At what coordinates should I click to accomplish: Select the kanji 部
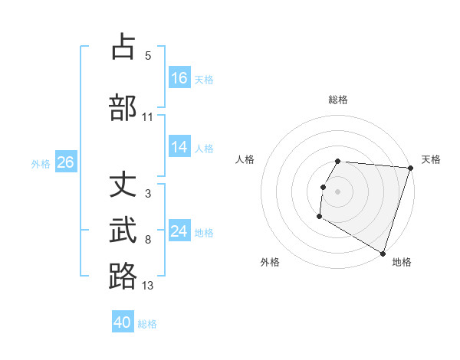click(x=123, y=106)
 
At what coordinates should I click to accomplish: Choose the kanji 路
click(x=123, y=276)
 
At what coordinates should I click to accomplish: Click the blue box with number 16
click(x=179, y=77)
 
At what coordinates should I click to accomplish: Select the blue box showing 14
click(x=179, y=148)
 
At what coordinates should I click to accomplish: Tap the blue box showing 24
click(x=179, y=231)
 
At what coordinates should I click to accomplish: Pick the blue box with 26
click(x=65, y=162)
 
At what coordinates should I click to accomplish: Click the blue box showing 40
click(x=123, y=322)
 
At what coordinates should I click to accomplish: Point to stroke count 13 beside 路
click(x=148, y=286)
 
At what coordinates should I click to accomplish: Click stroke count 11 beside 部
click(x=148, y=116)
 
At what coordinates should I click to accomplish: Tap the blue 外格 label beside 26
click(x=41, y=163)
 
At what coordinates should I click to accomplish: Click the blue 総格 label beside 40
click(x=147, y=324)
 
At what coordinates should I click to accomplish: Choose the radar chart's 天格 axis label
click(x=431, y=159)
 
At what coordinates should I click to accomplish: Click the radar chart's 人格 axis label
click(x=245, y=159)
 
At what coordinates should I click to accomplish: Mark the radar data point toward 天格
click(x=410, y=168)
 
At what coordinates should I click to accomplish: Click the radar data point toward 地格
click(x=383, y=253)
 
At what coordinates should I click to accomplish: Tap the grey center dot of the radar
click(x=337, y=191)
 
